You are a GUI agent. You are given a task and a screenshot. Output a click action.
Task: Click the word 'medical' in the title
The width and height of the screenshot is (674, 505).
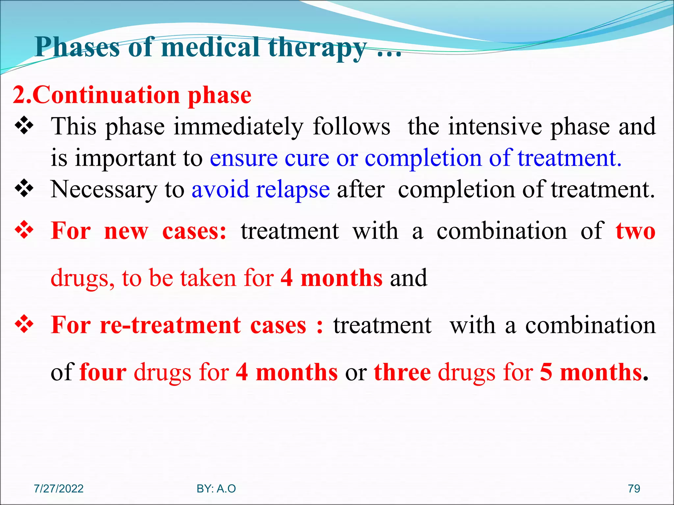pyautogui.click(x=211, y=47)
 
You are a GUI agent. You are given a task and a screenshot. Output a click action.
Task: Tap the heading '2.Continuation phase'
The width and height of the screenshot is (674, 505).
pyautogui.click(x=132, y=95)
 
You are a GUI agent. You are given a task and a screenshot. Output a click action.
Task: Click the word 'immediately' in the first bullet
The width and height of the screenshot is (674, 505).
pyautogui.click(x=239, y=127)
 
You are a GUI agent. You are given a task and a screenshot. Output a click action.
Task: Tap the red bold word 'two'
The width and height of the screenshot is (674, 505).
pyautogui.click(x=635, y=231)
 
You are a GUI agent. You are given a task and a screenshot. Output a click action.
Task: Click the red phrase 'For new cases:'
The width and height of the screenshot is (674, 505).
pyautogui.click(x=139, y=231)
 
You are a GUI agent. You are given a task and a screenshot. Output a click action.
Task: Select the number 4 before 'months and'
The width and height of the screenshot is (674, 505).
pyautogui.click(x=287, y=278)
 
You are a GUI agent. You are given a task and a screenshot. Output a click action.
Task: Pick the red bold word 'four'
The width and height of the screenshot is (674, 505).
pyautogui.click(x=103, y=372)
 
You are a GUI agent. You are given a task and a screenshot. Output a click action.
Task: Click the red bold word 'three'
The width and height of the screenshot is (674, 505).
pyautogui.click(x=402, y=372)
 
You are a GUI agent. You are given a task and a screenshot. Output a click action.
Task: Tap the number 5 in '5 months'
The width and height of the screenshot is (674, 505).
pyautogui.click(x=546, y=372)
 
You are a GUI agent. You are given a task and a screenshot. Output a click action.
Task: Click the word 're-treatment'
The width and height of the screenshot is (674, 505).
pyautogui.click(x=170, y=325)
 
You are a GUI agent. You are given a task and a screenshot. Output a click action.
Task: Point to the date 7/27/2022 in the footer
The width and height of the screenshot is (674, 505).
pyautogui.click(x=59, y=489)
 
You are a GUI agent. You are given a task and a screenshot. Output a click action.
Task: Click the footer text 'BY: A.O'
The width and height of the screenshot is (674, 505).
pyautogui.click(x=216, y=489)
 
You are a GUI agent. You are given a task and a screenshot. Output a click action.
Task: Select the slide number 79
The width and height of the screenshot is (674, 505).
pyautogui.click(x=634, y=489)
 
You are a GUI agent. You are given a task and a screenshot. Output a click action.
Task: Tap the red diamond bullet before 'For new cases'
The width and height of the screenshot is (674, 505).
pyautogui.click(x=24, y=230)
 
